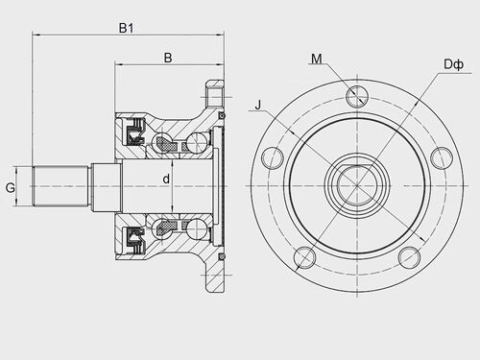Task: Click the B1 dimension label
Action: pyautogui.click(x=126, y=28)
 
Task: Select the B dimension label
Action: pyautogui.click(x=168, y=58)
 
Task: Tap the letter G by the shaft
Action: pyautogui.click(x=11, y=187)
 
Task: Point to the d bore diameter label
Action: pyautogui.click(x=166, y=180)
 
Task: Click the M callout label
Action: pyautogui.click(x=317, y=59)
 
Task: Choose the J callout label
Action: pyautogui.click(x=258, y=105)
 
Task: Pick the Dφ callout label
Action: pyautogui.click(x=453, y=64)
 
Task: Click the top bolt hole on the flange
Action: pyautogui.click(x=357, y=96)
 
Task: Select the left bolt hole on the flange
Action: pyautogui.click(x=273, y=157)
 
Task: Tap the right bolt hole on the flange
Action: pyautogui.click(x=442, y=157)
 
